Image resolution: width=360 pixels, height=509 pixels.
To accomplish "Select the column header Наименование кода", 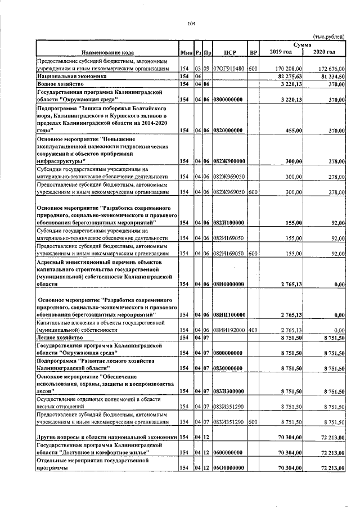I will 106,52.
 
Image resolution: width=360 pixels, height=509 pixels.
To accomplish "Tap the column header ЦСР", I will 229,52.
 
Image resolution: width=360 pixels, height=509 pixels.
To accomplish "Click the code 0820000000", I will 228,130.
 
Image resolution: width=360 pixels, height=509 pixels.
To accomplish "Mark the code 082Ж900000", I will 228,161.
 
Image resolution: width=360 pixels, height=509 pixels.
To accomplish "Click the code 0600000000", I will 228,452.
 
